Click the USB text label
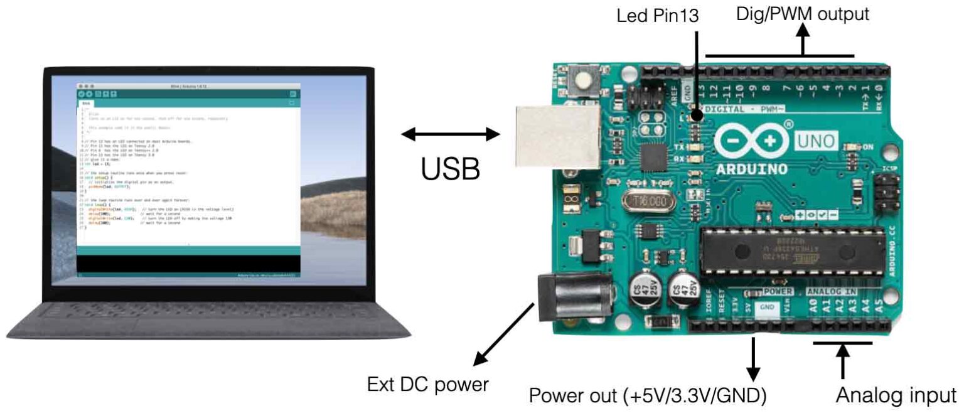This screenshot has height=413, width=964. [x=451, y=168]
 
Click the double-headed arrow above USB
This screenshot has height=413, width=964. [x=451, y=134]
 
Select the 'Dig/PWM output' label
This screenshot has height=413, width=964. [x=803, y=14]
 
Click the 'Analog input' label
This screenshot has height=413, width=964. [x=898, y=396]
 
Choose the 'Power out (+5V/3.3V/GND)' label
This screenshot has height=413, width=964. [x=648, y=396]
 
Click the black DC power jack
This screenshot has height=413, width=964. [x=572, y=298]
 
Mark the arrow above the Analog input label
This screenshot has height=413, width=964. [x=842, y=361]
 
